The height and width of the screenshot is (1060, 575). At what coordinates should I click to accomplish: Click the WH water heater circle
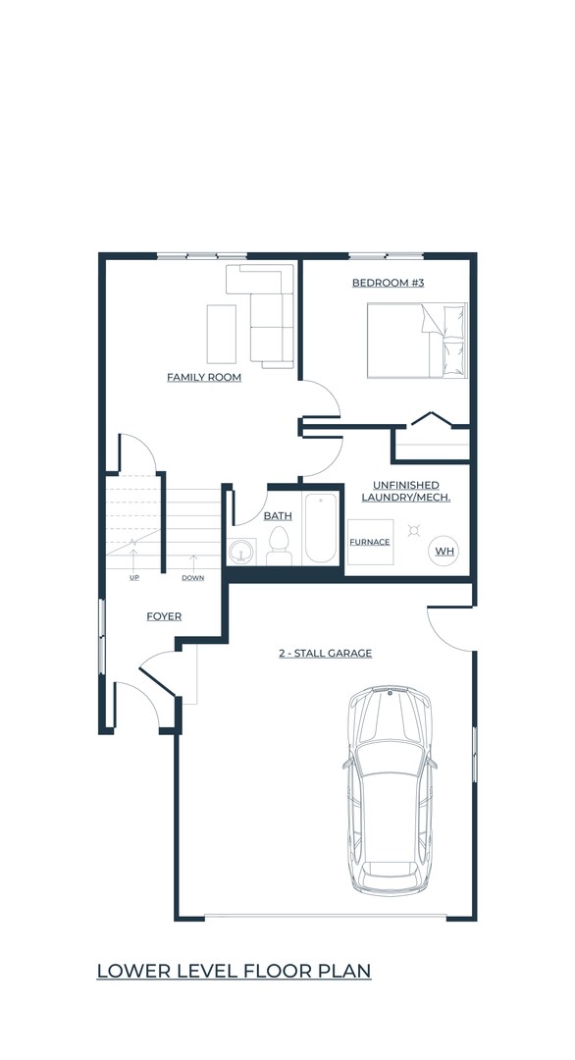click(x=444, y=552)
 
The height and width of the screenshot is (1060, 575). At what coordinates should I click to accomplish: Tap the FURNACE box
click(x=370, y=542)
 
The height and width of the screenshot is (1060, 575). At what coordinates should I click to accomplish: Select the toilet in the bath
click(x=279, y=546)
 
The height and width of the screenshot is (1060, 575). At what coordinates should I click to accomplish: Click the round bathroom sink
click(x=239, y=554)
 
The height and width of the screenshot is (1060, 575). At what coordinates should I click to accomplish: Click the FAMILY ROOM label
click(x=204, y=377)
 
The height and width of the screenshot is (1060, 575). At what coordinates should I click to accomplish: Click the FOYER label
click(x=164, y=616)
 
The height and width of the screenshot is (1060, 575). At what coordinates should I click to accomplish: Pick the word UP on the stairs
click(x=133, y=577)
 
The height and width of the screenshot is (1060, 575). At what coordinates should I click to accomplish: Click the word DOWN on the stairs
click(x=192, y=577)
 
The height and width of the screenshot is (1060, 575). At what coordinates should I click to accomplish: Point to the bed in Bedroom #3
click(x=417, y=340)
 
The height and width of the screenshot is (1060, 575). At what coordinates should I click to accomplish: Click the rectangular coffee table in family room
click(x=221, y=334)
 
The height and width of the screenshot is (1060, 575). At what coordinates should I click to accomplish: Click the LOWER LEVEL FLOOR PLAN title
click(x=234, y=971)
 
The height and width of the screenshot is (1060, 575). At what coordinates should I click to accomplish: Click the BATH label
click(x=278, y=515)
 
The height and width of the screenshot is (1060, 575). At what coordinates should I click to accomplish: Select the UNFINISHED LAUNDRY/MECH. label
click(x=405, y=491)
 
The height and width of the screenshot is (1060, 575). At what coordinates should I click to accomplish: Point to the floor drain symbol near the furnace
click(x=415, y=530)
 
